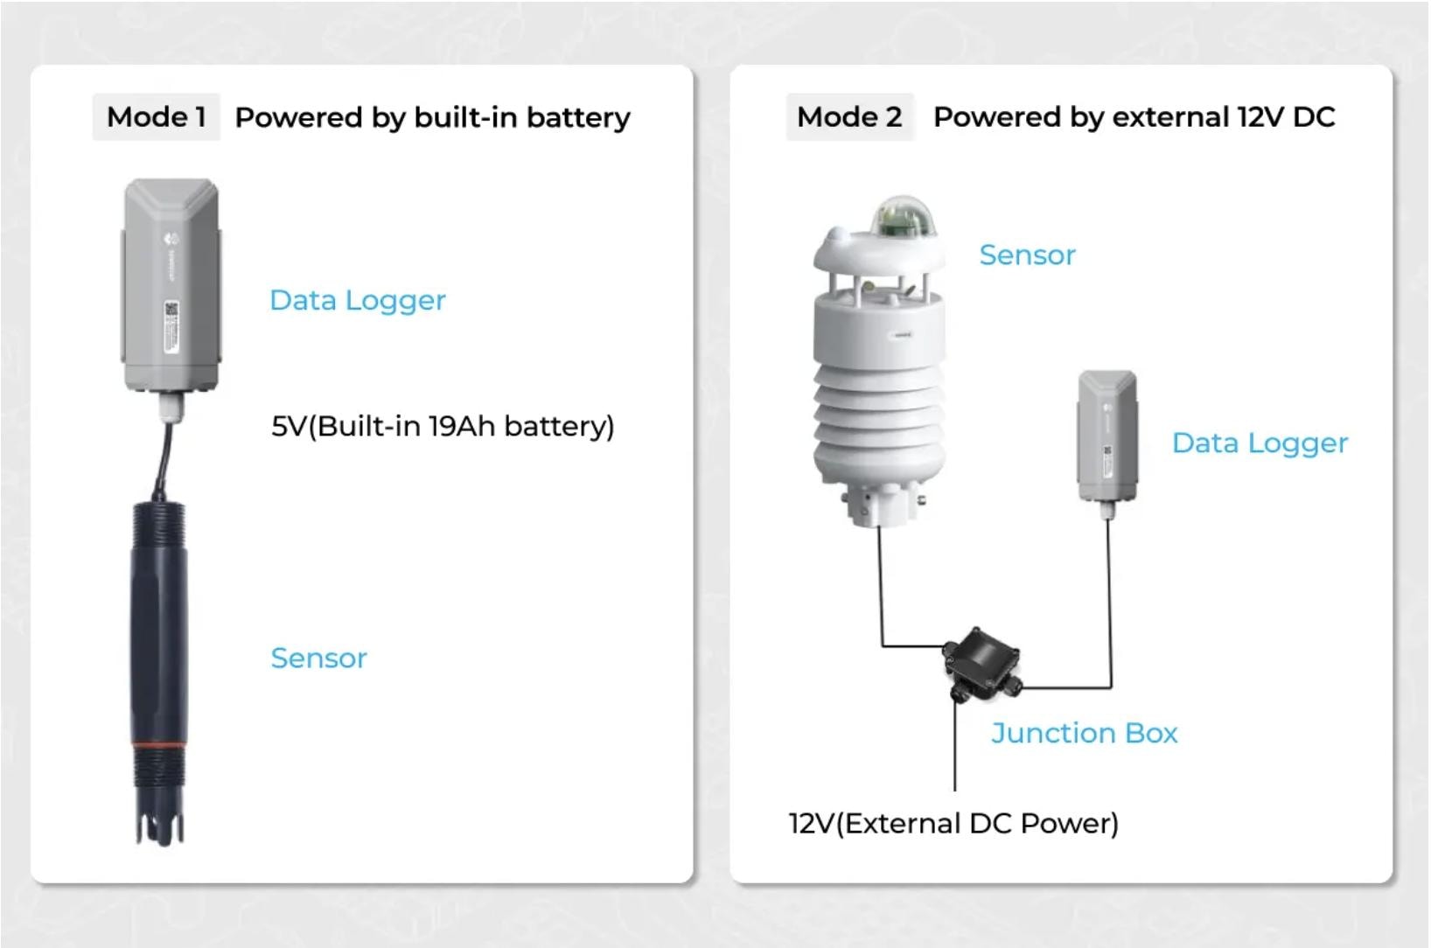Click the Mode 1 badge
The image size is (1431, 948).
(156, 117)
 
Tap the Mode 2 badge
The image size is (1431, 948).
(848, 117)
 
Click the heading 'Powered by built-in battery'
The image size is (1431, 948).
(432, 117)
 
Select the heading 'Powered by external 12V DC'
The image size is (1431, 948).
(1134, 117)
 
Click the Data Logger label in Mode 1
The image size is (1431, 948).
(357, 300)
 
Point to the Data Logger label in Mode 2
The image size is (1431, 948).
(1260, 443)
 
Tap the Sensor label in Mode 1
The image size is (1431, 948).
(318, 658)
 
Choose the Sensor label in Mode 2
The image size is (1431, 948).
(1027, 254)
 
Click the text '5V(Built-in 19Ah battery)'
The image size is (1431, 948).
(443, 426)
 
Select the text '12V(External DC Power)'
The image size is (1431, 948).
(953, 823)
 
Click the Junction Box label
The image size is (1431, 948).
(1084, 732)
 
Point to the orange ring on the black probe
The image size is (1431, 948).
(158, 745)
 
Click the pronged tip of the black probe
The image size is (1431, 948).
(159, 826)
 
